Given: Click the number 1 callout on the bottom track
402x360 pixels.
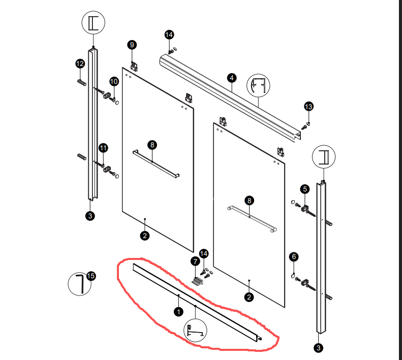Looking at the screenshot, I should point(178,311).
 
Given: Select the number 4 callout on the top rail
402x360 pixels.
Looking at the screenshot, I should point(232,78).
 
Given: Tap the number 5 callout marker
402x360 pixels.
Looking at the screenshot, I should point(305,189).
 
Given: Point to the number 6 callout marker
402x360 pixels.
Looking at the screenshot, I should point(293,257).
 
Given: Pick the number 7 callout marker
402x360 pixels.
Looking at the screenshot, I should point(195,261).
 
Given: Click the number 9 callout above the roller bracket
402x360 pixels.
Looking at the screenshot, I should point(132,45).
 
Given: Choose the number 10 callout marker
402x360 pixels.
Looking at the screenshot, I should point(114,81).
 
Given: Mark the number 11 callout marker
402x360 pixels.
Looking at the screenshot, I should point(103,148).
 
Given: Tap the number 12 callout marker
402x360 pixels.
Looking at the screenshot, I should point(80,63).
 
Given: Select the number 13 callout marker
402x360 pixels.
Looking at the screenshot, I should point(308,106).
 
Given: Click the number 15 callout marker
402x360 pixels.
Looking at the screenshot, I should point(91,276).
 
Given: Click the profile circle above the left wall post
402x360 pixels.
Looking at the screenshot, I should point(94,23).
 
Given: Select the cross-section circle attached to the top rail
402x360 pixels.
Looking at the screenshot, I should point(257,86).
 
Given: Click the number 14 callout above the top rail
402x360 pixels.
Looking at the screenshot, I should point(169,35).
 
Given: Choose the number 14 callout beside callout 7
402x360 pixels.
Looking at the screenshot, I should point(204,253).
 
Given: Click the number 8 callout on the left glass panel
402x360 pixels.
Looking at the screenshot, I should point(152,145).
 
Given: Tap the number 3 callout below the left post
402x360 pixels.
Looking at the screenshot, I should point(90,216).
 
